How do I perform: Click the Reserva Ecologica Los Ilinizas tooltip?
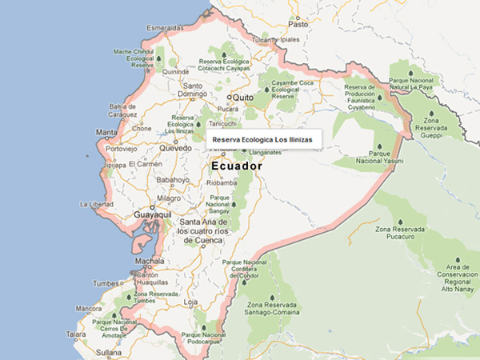click(x=264, y=140)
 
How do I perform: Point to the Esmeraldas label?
click(x=165, y=29)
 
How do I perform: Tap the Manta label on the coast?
click(x=106, y=132)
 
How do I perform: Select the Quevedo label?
click(x=175, y=148)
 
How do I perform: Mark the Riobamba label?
click(x=223, y=182)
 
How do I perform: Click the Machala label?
click(x=150, y=261)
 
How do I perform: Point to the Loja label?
click(x=190, y=302)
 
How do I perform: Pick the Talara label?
click(x=76, y=334)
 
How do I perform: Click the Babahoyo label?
click(x=172, y=180)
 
